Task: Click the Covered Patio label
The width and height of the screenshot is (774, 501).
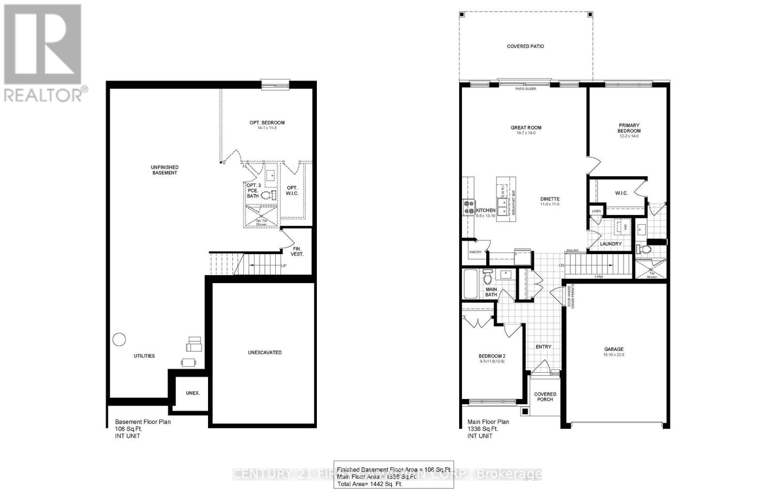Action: click(525, 46)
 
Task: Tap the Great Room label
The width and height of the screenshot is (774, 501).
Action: click(526, 128)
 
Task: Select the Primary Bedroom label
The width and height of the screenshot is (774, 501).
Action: click(628, 128)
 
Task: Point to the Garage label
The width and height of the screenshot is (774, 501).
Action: click(613, 349)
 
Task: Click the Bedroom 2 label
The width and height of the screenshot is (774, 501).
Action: click(492, 356)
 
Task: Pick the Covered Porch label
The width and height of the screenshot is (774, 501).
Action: click(545, 396)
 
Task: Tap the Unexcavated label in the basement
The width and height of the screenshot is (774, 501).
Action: click(265, 352)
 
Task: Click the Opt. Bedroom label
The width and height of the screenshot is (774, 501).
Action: click(267, 122)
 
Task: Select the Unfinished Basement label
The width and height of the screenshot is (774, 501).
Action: click(164, 170)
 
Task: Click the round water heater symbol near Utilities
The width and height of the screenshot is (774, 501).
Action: click(119, 339)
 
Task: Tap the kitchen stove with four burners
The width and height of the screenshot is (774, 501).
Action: click(469, 207)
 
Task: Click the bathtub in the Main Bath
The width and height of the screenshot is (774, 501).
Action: click(471, 284)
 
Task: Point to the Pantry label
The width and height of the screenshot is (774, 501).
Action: click(475, 252)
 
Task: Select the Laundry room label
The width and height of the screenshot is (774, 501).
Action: click(610, 244)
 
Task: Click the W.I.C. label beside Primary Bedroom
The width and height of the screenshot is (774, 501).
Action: click(621, 193)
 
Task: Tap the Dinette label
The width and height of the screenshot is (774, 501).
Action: click(550, 199)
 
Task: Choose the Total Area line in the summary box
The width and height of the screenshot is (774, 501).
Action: click(370, 484)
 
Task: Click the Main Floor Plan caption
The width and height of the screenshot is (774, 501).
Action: click(488, 422)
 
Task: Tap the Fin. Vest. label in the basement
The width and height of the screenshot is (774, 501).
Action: click(297, 251)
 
